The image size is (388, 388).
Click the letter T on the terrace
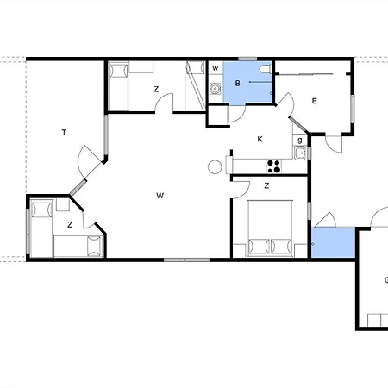click(x=64, y=133)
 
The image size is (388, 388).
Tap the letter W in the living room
click(x=160, y=196)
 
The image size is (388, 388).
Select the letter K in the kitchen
click(x=260, y=140)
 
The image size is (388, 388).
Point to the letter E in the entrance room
click(x=314, y=101)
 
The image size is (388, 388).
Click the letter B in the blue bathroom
click(x=237, y=84)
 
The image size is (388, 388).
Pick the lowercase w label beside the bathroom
click(x=216, y=68)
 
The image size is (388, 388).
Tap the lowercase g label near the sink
click(x=300, y=141)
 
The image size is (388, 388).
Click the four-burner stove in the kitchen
click(x=273, y=166)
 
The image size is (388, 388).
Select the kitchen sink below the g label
click(x=299, y=153)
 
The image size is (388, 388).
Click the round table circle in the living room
click(x=215, y=167)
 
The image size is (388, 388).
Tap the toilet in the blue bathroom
click(x=266, y=69)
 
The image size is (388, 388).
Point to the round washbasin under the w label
click(x=215, y=89)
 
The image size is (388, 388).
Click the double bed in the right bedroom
click(x=270, y=228)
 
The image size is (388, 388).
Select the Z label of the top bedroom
click(x=156, y=90)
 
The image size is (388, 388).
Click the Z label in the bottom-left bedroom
click(x=70, y=225)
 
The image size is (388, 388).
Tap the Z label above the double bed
click(x=266, y=186)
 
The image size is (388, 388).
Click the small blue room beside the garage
click(x=333, y=243)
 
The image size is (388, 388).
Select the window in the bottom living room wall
click(x=187, y=260)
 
